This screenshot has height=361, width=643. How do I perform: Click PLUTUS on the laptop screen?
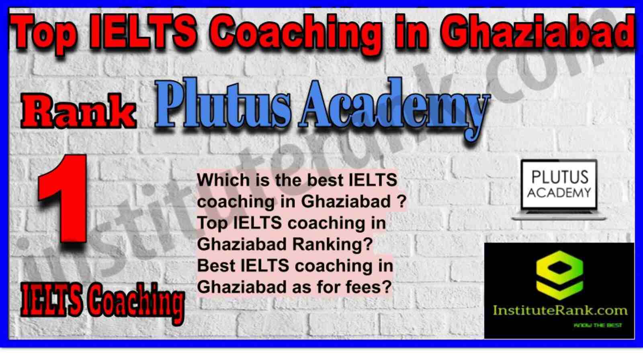coord(560,176)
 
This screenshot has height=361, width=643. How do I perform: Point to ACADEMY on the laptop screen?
coord(559,193)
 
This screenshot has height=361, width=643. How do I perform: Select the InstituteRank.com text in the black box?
coord(559,310)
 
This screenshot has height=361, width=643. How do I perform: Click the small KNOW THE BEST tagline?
coord(598,325)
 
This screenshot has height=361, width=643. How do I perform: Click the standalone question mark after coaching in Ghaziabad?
coord(402,201)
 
